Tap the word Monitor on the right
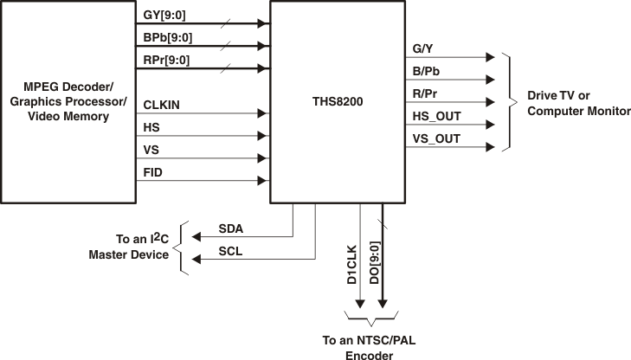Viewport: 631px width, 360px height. click(x=607, y=112)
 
